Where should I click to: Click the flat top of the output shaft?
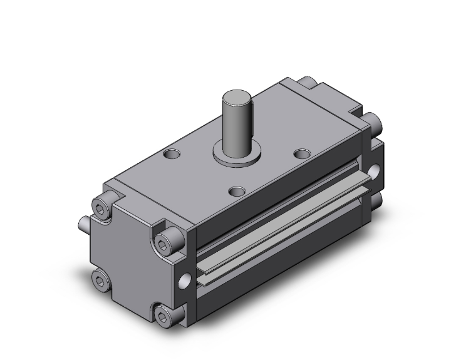coord(237,96)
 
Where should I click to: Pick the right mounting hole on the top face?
coord(303,153)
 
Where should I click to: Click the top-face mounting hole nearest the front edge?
coord(236,190)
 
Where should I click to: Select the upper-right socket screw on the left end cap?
coord(167,237)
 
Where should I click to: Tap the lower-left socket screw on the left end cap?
coord(98,277)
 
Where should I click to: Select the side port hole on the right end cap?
coord(375,171)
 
